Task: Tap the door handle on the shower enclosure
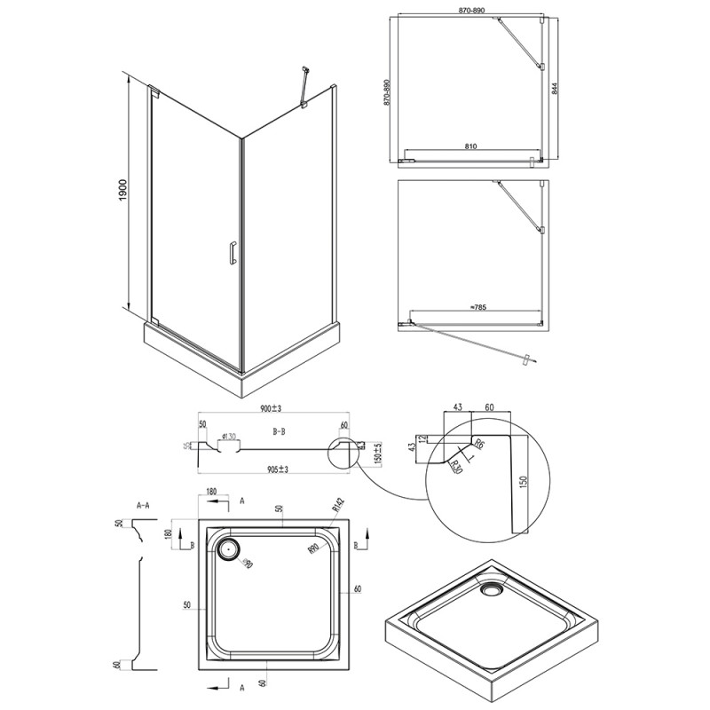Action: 231,253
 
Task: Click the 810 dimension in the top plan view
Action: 472,146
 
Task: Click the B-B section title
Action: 278,430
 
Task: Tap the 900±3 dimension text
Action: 271,409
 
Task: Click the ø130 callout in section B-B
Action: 228,436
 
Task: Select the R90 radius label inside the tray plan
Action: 312,550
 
